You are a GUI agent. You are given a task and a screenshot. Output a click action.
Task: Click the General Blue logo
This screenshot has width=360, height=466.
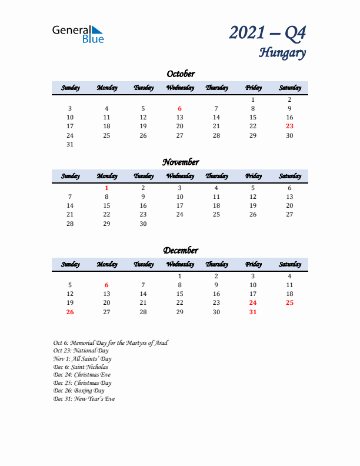[x=78, y=34]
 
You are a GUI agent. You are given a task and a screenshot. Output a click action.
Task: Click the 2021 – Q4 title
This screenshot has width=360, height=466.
[x=268, y=34]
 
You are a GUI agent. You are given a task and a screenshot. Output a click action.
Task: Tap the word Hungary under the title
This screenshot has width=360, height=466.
[x=282, y=53]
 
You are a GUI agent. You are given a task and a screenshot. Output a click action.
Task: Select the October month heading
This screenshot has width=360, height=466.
[x=180, y=74]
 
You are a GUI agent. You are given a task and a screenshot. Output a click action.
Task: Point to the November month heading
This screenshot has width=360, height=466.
[x=180, y=162]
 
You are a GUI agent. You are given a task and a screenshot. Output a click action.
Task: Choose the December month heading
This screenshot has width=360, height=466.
[x=180, y=250]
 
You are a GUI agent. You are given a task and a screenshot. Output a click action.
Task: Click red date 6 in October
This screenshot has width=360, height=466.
[x=180, y=108]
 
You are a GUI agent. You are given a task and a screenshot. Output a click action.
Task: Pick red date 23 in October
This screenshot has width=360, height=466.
[x=289, y=126]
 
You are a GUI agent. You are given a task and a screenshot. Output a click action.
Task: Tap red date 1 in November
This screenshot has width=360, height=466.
[x=106, y=188]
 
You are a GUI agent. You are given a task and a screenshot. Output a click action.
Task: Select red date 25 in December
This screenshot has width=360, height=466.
[x=289, y=302]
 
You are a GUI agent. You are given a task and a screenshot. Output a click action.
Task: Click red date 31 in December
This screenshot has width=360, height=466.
[x=253, y=312]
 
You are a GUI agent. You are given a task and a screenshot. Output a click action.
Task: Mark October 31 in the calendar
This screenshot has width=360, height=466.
[x=70, y=144]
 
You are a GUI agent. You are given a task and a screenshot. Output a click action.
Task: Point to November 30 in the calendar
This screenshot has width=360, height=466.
[x=143, y=224]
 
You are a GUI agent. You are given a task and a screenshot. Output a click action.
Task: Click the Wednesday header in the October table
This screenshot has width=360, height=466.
[x=180, y=88]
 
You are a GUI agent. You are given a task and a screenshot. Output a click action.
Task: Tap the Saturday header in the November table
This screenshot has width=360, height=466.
[x=289, y=176]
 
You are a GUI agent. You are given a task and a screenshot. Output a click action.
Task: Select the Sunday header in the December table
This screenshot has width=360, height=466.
[x=70, y=264]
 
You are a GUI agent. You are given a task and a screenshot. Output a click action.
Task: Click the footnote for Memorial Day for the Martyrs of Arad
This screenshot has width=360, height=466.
[x=110, y=342]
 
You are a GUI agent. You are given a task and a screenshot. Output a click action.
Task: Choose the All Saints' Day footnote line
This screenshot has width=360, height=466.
[x=82, y=358]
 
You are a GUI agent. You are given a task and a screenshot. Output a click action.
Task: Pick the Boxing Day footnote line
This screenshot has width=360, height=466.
[x=79, y=391]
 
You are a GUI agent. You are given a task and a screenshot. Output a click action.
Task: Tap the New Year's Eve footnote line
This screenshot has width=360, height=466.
[x=84, y=399]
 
